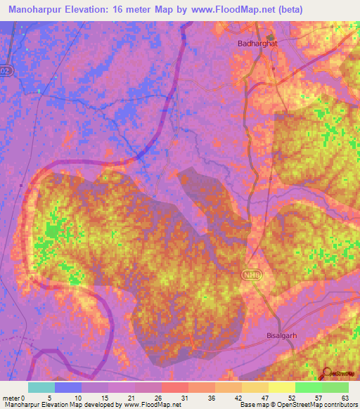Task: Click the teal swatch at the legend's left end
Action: click(x=41, y=387)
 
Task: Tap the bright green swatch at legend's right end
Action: click(x=335, y=387)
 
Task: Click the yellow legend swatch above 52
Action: click(x=281, y=387)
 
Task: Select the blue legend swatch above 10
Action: click(x=68, y=387)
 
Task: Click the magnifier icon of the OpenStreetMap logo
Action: click(x=327, y=374)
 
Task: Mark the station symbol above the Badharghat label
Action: click(x=269, y=37)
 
